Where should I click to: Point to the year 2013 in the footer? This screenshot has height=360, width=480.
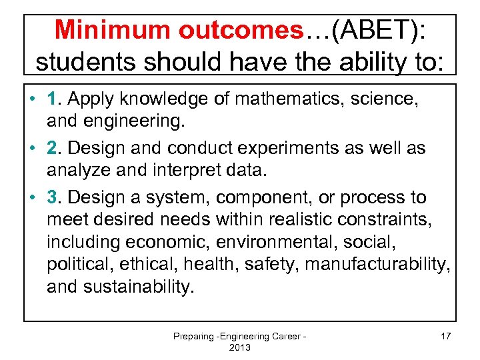[239, 348]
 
